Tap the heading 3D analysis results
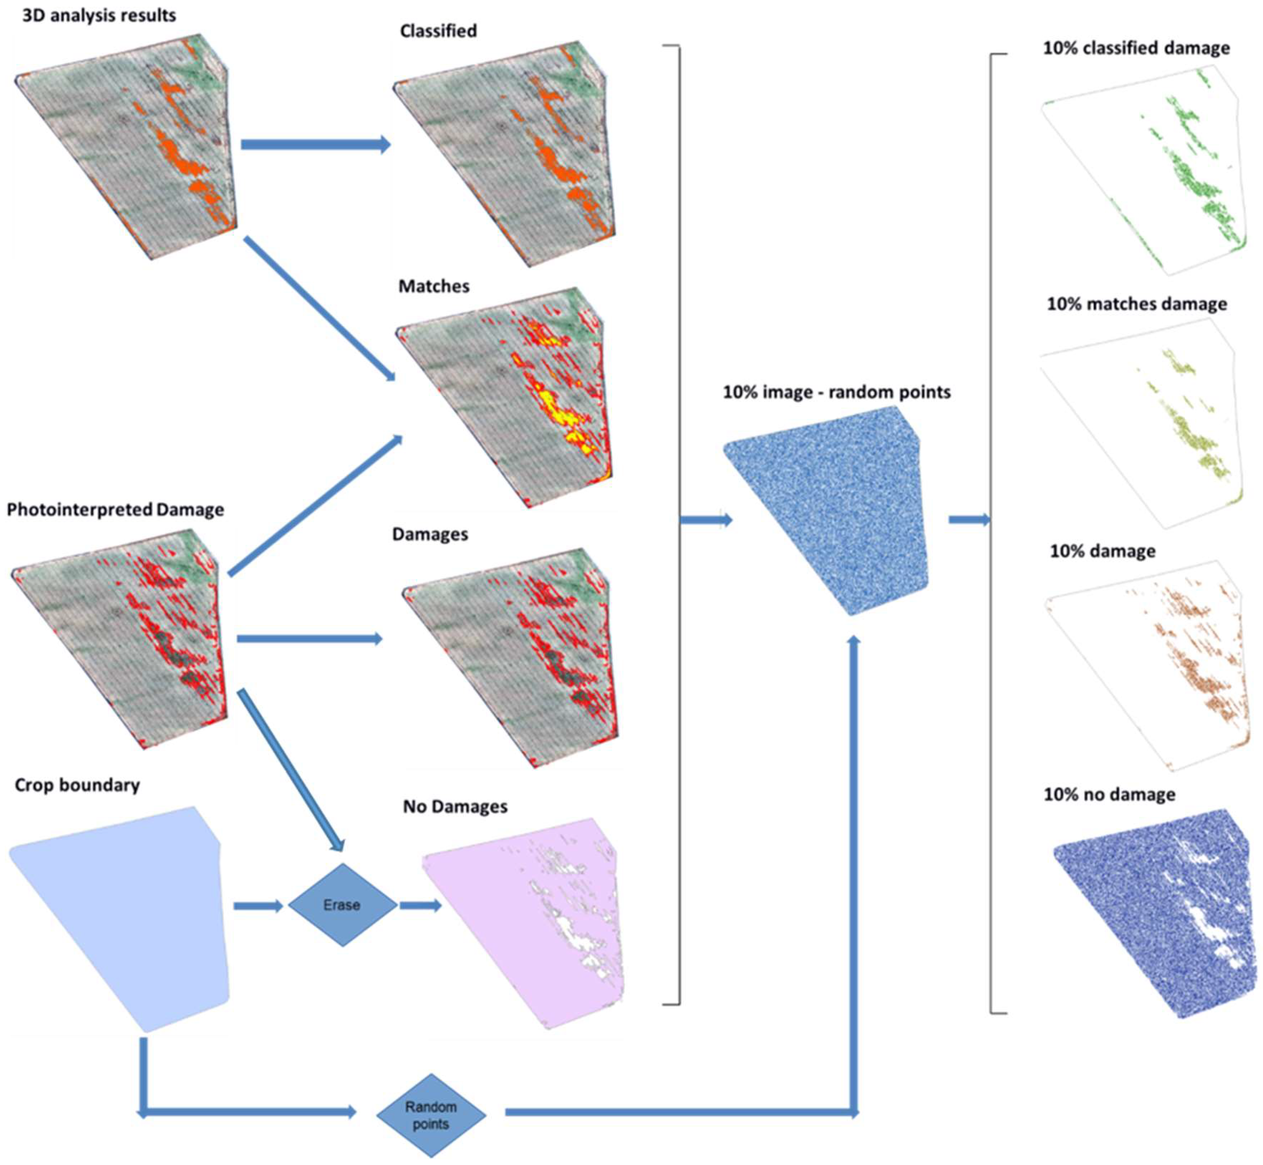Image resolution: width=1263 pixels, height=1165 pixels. (99, 15)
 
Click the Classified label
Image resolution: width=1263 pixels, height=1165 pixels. (438, 31)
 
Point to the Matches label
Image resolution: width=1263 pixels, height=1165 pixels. (434, 286)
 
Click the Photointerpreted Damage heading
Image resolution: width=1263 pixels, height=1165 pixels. (115, 509)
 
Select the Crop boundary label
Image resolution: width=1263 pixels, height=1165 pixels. (77, 785)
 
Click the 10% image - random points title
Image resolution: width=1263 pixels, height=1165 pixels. (836, 392)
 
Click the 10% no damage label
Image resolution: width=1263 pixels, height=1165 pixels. (1109, 794)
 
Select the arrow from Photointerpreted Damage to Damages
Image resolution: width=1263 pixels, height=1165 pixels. (309, 639)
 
